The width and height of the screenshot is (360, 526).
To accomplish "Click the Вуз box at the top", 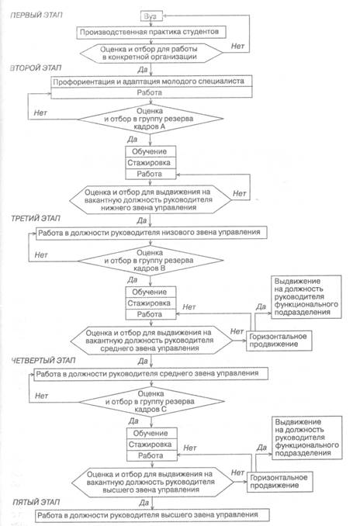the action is (x=151, y=16).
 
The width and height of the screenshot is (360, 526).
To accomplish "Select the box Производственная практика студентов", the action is (x=151, y=33).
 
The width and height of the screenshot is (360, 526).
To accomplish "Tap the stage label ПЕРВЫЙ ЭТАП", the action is (x=36, y=15).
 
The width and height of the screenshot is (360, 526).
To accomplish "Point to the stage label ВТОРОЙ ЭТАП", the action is (x=36, y=67).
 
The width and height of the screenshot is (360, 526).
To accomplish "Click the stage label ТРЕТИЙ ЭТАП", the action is (x=36, y=218).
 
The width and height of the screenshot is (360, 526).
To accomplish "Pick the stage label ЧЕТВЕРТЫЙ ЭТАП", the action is (x=43, y=361).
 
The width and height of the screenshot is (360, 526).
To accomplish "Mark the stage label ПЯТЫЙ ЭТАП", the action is (x=36, y=502).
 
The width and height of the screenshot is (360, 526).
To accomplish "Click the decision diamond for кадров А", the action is (x=151, y=119).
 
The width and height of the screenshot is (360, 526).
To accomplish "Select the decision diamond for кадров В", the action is (x=151, y=261).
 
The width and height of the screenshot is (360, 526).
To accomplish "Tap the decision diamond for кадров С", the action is (x=151, y=402).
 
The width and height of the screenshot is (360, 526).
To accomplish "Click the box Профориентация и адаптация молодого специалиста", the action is (x=151, y=81).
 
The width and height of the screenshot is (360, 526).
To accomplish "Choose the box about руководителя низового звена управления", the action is (x=151, y=233).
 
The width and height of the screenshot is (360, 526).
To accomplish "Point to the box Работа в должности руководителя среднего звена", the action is (x=151, y=374).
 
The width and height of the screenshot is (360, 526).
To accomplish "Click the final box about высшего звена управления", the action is (x=152, y=515).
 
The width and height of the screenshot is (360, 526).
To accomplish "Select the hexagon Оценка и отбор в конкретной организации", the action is (x=151, y=53).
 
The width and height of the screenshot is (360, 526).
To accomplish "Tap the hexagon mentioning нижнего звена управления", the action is (x=151, y=200).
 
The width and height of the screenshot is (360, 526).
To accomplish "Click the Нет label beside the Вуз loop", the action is (x=237, y=47).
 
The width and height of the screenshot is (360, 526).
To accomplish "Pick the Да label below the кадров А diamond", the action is (x=132, y=139).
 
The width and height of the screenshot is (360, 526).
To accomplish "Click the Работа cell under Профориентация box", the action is (x=151, y=92).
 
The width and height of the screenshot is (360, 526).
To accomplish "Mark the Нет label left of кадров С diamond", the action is (x=42, y=396).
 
